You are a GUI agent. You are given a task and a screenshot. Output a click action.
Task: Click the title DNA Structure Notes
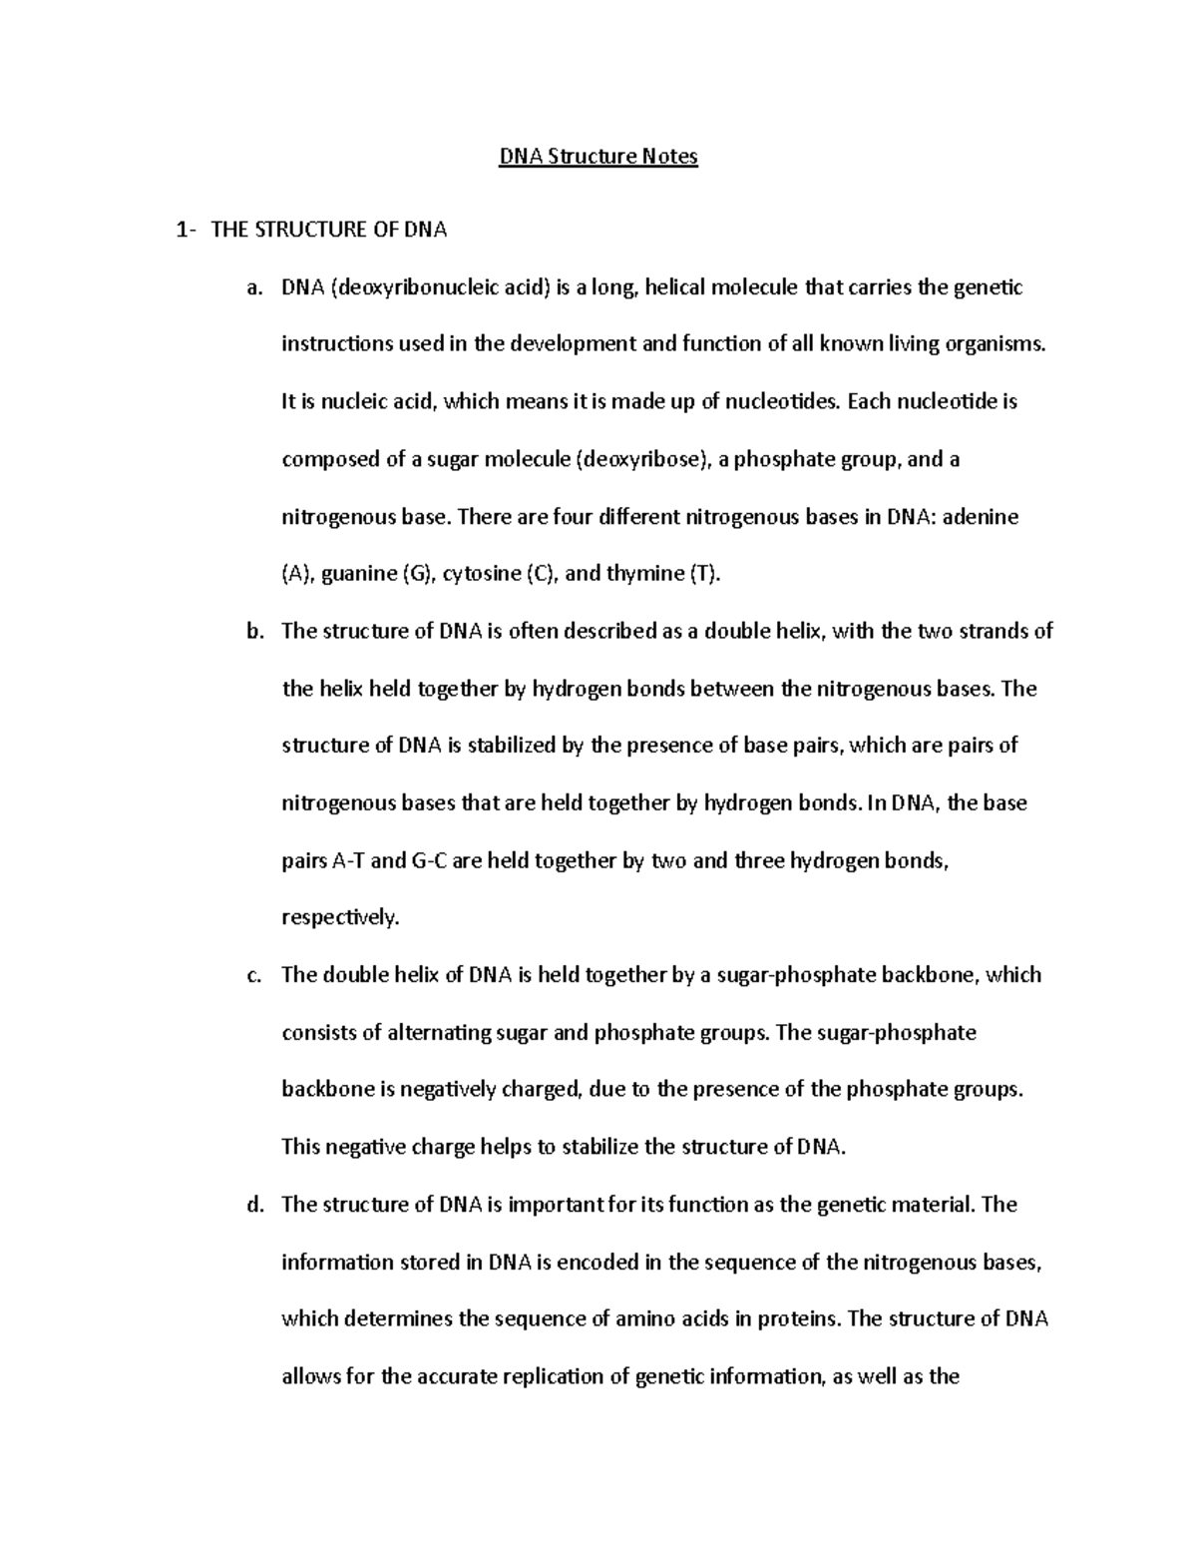point(598,157)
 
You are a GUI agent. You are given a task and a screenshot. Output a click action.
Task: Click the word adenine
point(981,518)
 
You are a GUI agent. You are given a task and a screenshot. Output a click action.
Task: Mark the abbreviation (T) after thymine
point(703,574)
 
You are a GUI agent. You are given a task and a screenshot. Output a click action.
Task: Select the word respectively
point(339,918)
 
